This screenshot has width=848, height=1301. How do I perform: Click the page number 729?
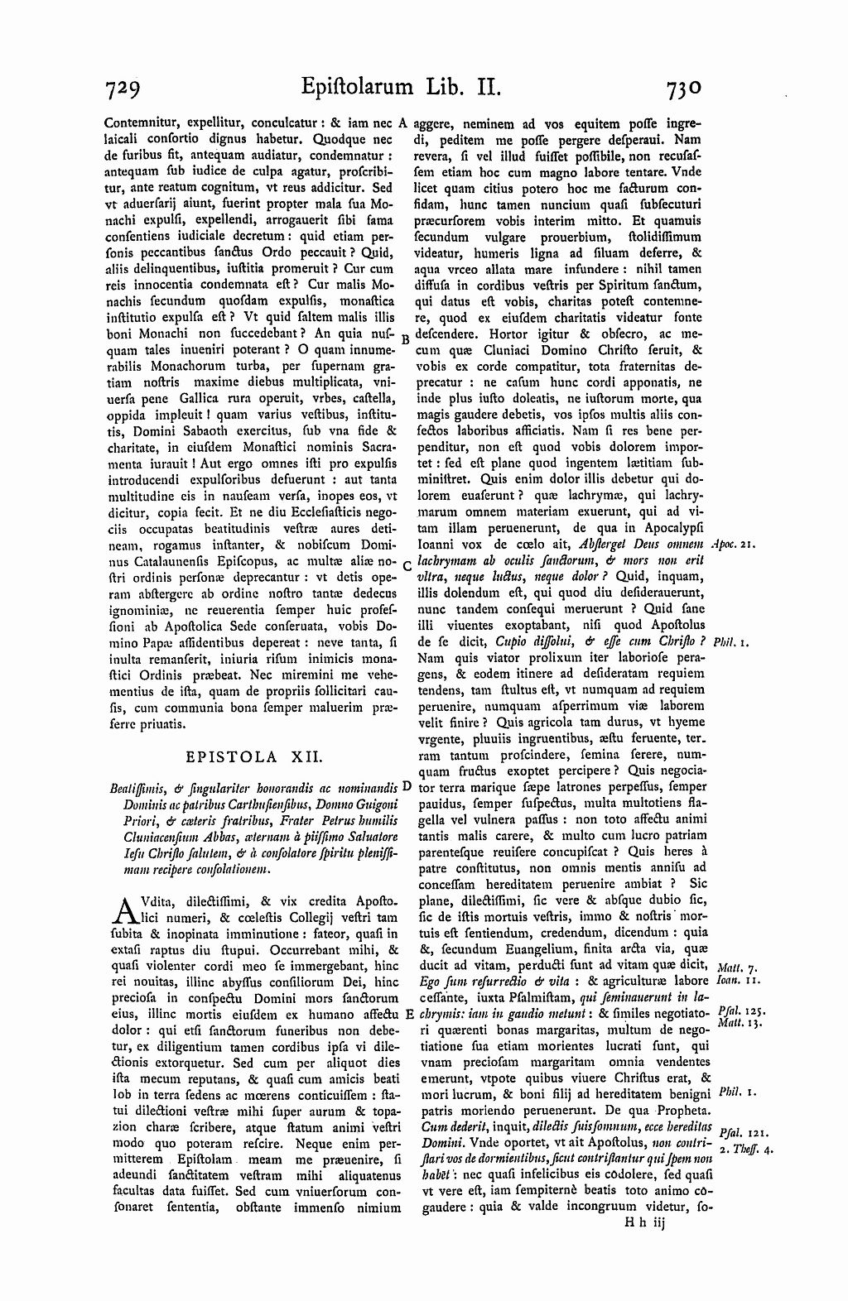(x=128, y=87)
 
